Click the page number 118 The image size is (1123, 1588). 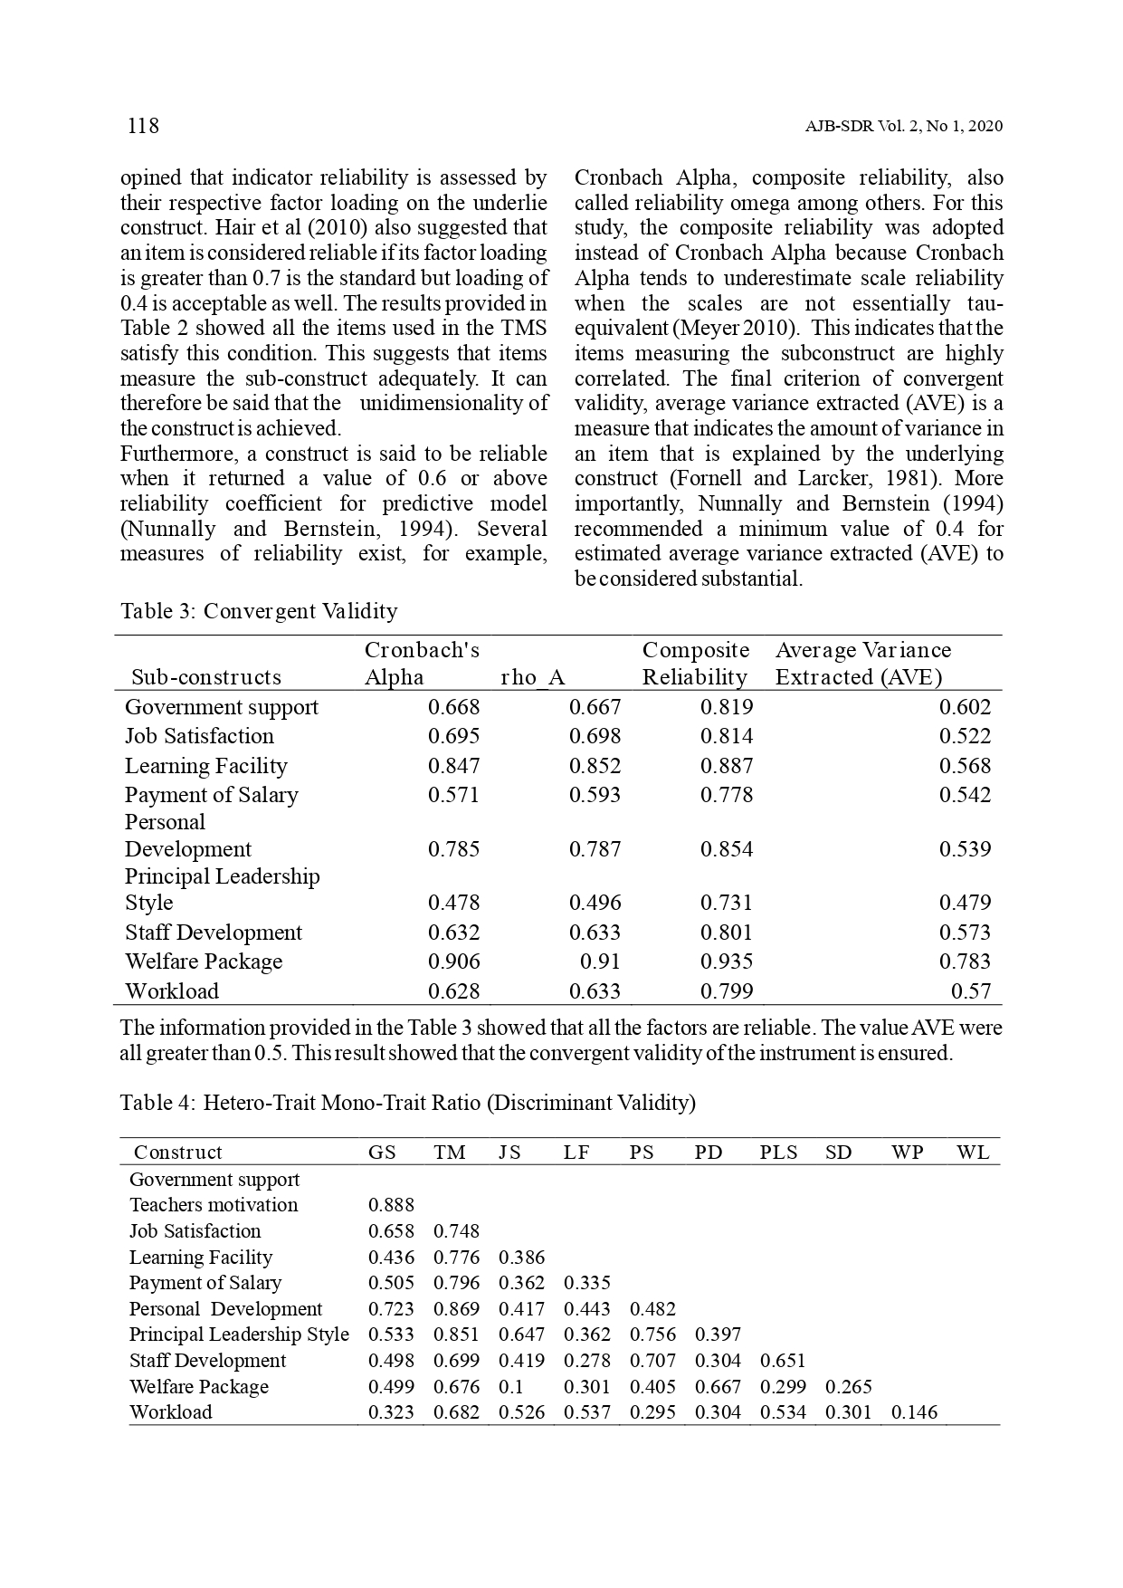coord(143,126)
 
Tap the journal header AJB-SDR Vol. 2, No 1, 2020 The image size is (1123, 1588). coord(903,127)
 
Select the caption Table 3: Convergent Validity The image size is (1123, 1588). coord(259,611)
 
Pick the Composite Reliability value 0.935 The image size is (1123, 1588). coord(726,961)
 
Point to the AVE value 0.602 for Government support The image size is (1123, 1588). coord(965,707)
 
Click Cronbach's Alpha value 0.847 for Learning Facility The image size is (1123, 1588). coord(453,766)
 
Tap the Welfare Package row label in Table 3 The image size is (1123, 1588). coord(204,961)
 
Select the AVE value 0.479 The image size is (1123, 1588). coord(965,903)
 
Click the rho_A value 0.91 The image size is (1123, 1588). coord(600,961)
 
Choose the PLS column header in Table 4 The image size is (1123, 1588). coord(778,1153)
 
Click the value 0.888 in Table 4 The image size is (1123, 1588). coord(391,1205)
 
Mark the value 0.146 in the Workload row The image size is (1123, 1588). coord(914,1412)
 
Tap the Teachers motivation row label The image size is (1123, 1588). coord(214,1205)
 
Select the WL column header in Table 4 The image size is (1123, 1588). coord(973,1153)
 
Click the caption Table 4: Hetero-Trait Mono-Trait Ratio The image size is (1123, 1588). coord(408,1103)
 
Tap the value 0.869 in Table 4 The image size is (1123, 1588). coord(456,1309)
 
